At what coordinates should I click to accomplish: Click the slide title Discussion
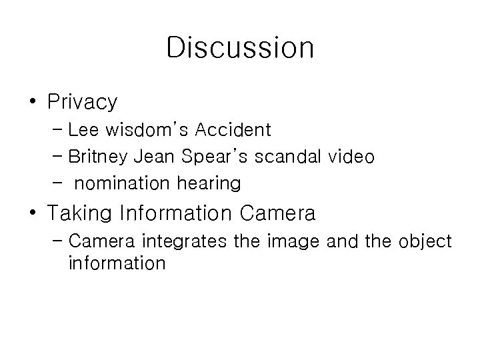(x=240, y=48)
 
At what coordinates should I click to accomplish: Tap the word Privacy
(x=83, y=102)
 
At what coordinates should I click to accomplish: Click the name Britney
(x=99, y=157)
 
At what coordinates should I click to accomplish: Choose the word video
(x=351, y=157)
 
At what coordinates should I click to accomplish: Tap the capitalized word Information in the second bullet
(x=176, y=214)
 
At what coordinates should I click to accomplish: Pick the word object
(x=427, y=241)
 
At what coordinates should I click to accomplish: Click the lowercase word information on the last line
(x=116, y=263)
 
